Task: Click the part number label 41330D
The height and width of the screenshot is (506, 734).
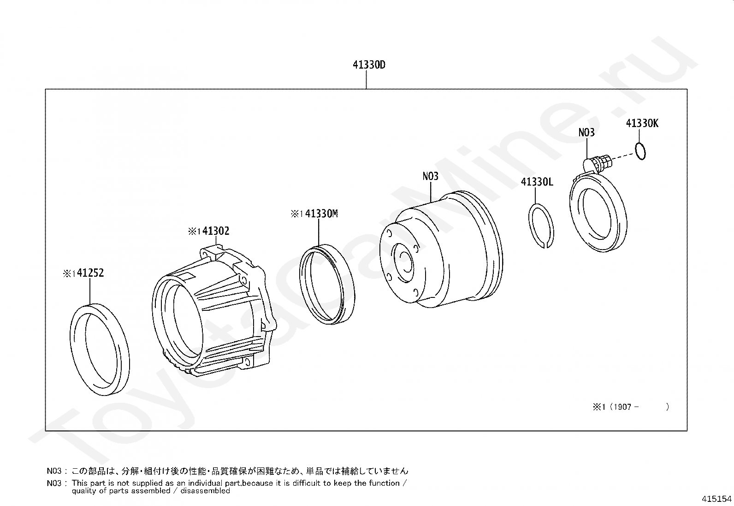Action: click(x=369, y=65)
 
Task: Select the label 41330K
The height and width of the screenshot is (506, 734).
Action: click(x=642, y=123)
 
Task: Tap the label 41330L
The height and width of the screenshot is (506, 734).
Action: click(x=537, y=182)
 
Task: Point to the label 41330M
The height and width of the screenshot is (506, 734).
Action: click(x=321, y=214)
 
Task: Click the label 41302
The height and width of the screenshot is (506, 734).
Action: click(x=215, y=231)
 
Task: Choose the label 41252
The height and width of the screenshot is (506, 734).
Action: click(x=90, y=273)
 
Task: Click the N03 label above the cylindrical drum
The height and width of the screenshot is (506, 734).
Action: click(x=430, y=176)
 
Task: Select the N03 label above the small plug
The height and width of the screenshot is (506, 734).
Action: click(x=586, y=133)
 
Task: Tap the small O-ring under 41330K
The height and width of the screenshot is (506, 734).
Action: click(x=640, y=151)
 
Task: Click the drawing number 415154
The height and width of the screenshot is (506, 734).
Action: click(x=716, y=499)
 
